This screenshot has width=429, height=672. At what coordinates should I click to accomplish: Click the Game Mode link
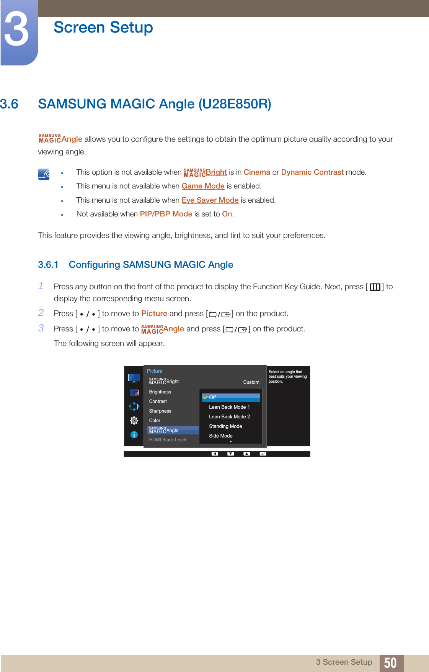click(x=203, y=186)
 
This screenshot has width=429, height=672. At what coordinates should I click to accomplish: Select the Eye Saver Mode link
click(x=210, y=200)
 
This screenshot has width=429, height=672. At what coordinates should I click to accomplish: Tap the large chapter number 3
click(x=17, y=31)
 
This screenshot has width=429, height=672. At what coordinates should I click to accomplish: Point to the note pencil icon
click(x=44, y=174)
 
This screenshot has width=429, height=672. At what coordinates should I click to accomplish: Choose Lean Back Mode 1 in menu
click(x=229, y=407)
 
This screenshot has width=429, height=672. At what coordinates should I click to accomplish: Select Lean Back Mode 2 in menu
click(x=229, y=417)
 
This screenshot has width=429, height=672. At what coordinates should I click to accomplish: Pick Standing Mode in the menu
click(x=225, y=426)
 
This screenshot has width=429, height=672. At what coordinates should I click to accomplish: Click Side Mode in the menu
click(x=221, y=436)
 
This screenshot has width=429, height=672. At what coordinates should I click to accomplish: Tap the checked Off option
click(x=212, y=398)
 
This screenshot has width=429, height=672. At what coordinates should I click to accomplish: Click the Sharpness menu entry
click(x=160, y=411)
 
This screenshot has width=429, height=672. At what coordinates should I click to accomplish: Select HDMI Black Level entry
click(x=168, y=440)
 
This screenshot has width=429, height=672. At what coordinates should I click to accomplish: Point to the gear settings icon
click(x=134, y=421)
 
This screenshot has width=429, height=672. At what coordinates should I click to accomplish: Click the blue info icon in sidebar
click(x=134, y=434)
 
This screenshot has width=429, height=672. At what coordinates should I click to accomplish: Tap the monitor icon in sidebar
click(x=134, y=378)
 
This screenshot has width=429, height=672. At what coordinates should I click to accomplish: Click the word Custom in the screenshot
click(x=251, y=382)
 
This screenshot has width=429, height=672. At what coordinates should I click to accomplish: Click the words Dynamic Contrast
click(x=312, y=172)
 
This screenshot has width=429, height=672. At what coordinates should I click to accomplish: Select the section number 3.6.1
click(x=48, y=265)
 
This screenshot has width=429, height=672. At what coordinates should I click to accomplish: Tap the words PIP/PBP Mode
click(x=166, y=214)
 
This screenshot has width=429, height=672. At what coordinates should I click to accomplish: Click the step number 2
click(x=41, y=313)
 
